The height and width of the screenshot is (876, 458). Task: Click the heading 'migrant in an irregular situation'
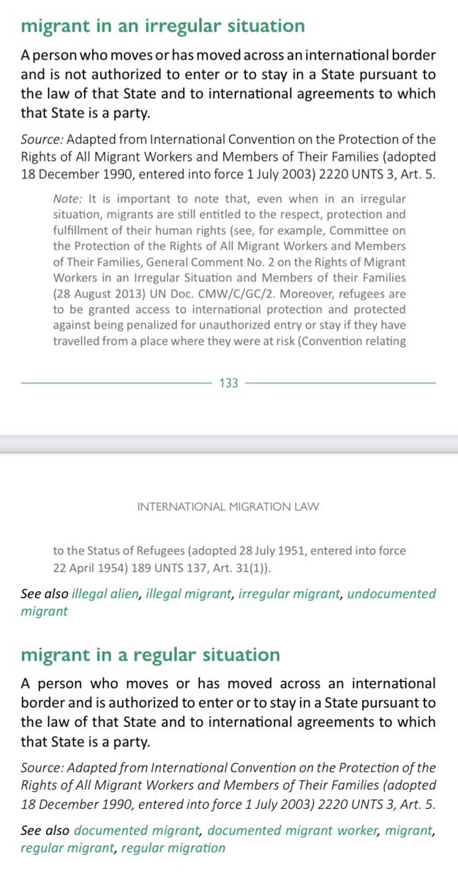[162, 26]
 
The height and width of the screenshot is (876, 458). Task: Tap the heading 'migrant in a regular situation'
[150, 655]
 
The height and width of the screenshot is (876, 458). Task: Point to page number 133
[229, 382]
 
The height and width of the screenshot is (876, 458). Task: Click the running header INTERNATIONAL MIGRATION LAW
[228, 506]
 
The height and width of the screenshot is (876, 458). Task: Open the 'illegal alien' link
[105, 593]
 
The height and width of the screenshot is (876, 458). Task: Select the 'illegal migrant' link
[188, 593]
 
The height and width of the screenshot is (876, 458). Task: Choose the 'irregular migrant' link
[289, 593]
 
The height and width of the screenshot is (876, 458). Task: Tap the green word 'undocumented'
[391, 593]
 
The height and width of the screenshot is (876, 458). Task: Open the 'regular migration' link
[173, 848]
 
